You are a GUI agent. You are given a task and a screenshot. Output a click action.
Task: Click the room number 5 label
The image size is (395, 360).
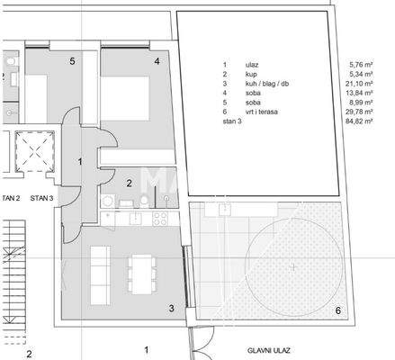[71, 61]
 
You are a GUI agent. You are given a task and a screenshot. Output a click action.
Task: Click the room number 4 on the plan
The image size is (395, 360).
[157, 61]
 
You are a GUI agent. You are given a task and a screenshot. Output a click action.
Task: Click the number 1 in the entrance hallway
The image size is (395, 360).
[81, 161]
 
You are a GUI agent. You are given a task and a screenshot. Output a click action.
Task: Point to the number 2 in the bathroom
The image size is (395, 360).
[129, 183]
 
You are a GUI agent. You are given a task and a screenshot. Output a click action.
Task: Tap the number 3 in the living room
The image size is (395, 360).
[171, 309]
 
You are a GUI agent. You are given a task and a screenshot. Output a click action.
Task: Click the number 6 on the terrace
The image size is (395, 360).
[337, 310]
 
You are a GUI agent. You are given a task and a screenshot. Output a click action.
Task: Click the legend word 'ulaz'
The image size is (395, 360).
[249, 65]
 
